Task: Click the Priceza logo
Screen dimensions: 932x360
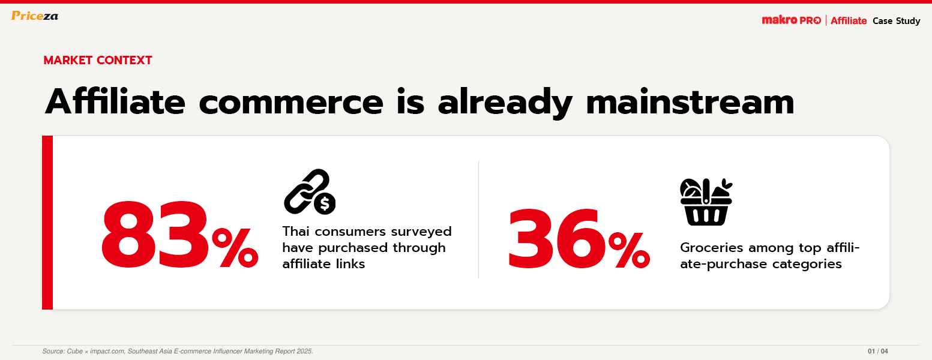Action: pyautogui.click(x=35, y=16)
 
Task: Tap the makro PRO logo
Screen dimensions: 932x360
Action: pyautogui.click(x=791, y=20)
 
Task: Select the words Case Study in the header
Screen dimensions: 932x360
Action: pyautogui.click(x=896, y=21)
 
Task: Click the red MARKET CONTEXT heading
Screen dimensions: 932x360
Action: pyautogui.click(x=98, y=61)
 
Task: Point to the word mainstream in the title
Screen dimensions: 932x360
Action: pyautogui.click(x=690, y=102)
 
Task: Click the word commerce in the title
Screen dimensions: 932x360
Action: pyautogui.click(x=291, y=103)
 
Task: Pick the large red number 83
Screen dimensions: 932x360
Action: pyautogui.click(x=155, y=235)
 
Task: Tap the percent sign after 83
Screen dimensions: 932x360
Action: pyautogui.click(x=235, y=248)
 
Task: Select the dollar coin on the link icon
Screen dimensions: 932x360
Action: pyautogui.click(x=325, y=203)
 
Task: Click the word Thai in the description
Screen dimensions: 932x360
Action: pyautogui.click(x=295, y=231)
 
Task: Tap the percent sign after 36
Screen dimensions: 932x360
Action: pyautogui.click(x=629, y=250)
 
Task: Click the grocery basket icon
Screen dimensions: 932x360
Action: pyautogui.click(x=706, y=202)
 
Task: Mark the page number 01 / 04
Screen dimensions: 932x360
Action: pyautogui.click(x=878, y=351)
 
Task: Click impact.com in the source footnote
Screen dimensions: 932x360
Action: pyautogui.click(x=107, y=351)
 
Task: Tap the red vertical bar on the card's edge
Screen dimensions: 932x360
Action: pyautogui.click(x=47, y=223)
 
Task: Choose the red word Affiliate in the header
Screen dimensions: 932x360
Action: pyautogui.click(x=849, y=21)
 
